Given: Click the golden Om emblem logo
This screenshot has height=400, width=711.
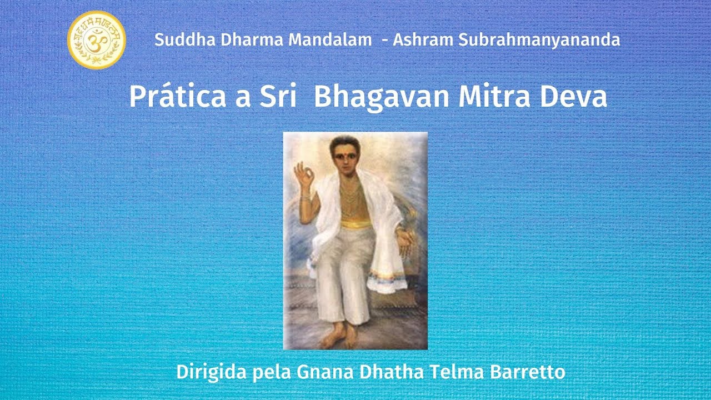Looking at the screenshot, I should pos(97,40).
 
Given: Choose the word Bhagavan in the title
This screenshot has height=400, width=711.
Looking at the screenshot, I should pos(382,97).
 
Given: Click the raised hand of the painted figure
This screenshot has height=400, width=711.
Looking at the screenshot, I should pos(304,176).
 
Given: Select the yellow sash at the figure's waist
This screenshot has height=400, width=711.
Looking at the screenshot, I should pos(355,223).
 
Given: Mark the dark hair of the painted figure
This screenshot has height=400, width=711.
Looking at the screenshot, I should pos(344,142).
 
